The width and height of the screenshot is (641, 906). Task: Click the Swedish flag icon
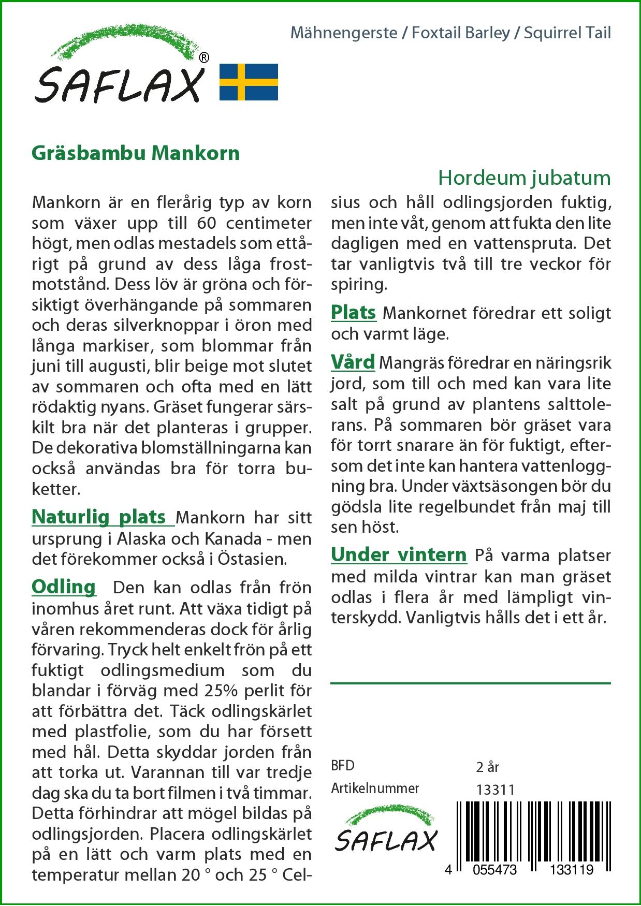tap(249, 82)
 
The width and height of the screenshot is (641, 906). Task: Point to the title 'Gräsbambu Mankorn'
tap(136, 153)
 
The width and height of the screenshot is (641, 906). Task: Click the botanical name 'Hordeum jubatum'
tap(524, 178)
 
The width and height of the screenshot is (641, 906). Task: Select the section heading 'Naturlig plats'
tap(98, 517)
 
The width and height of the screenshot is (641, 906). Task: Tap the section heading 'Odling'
tap(64, 587)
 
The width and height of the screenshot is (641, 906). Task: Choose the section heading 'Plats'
tap(353, 312)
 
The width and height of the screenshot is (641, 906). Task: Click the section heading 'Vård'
tap(353, 362)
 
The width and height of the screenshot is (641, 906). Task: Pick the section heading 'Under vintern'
tap(399, 554)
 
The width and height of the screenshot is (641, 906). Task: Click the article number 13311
tap(494, 790)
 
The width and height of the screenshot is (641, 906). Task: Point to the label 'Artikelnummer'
tap(375, 788)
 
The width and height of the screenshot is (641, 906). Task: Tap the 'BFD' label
tap(343, 766)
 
